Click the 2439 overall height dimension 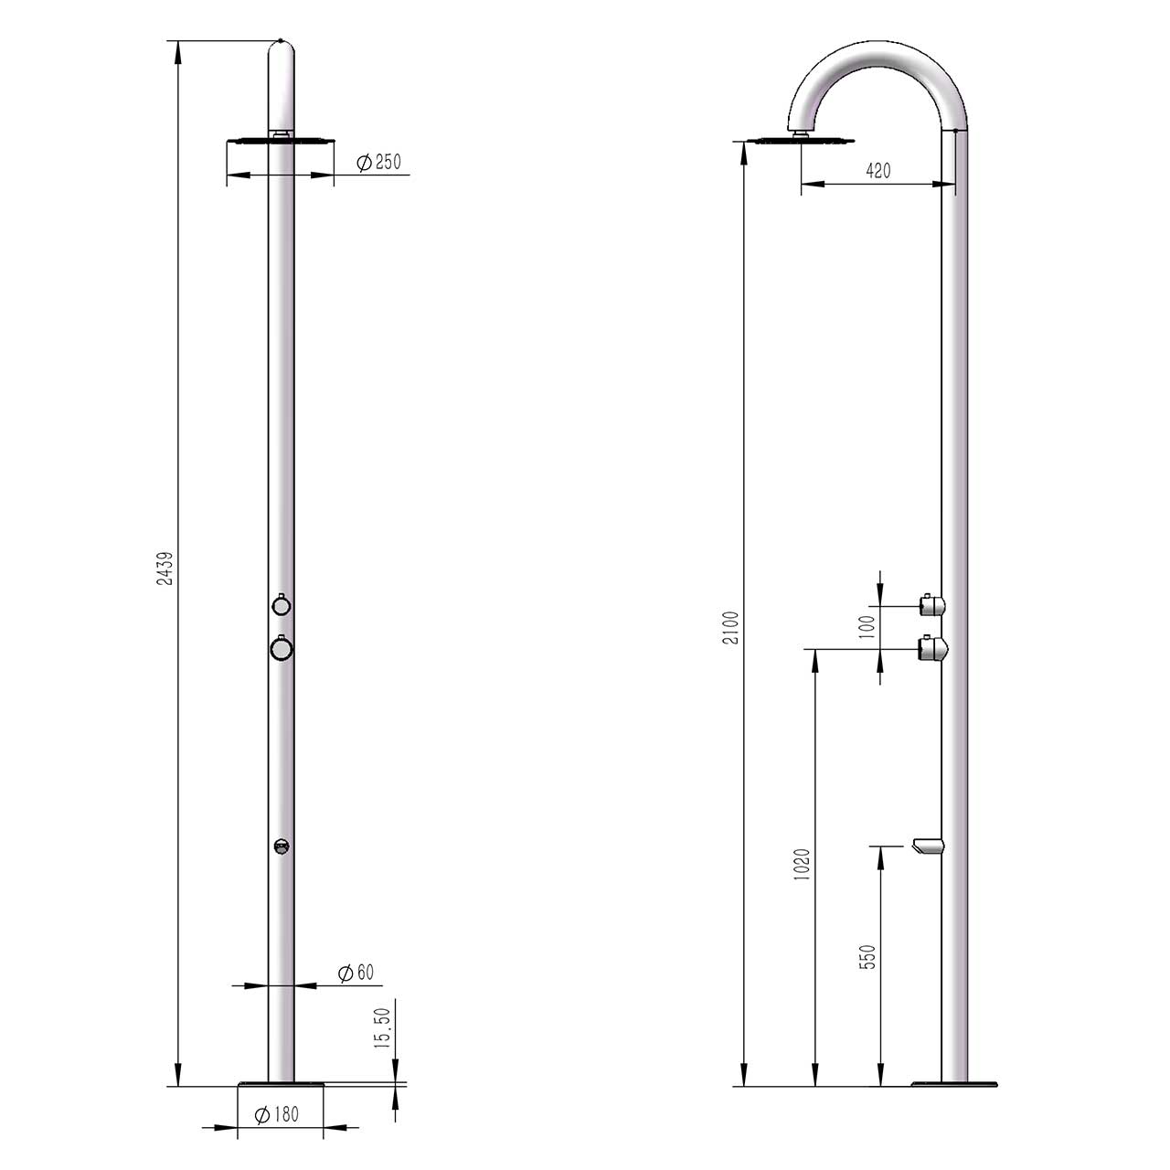[x=165, y=567]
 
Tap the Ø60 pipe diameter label [x=356, y=973]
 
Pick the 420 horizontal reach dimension [x=877, y=171]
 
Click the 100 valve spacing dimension [x=867, y=626]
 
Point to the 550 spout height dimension [x=868, y=956]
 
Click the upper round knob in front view [x=282, y=605]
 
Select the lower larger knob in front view [x=282, y=648]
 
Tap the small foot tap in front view [x=282, y=846]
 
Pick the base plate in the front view [x=281, y=1085]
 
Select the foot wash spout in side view [x=925, y=848]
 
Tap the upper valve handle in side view [x=931, y=604]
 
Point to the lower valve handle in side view [x=933, y=649]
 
